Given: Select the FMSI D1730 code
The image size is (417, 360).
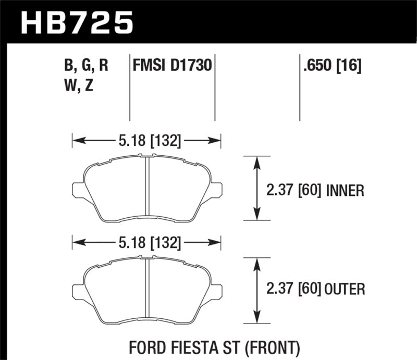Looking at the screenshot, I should tap(172, 66).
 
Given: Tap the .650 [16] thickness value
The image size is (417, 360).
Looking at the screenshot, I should tap(330, 66).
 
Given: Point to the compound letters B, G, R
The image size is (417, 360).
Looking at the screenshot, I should tap(87, 66).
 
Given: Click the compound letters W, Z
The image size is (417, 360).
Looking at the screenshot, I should tap(79, 86).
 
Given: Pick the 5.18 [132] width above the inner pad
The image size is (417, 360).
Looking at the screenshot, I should tap(146, 140).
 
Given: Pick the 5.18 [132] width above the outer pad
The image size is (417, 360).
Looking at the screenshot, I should tap(146, 242).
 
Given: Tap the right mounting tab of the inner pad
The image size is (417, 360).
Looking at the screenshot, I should tap(215, 190).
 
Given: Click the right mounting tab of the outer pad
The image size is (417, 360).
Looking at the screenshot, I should tap(215, 292).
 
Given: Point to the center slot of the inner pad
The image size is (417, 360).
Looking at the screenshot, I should tap(147, 187).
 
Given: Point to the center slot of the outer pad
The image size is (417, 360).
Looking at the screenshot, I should tap(147, 289).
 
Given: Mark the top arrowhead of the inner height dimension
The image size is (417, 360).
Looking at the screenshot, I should tap(256, 162).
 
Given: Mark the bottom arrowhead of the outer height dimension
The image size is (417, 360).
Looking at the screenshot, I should tap(256, 317).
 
